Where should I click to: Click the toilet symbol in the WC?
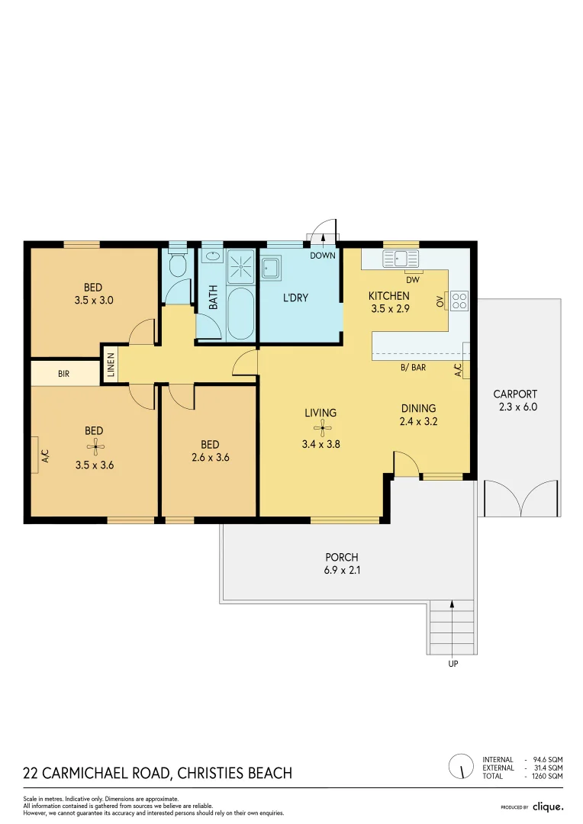point(177,265)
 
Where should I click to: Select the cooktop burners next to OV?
point(459,301)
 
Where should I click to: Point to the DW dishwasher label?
point(414,280)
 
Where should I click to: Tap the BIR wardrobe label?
point(64,375)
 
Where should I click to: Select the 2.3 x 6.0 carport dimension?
point(515,407)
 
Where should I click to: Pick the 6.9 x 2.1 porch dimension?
point(341,569)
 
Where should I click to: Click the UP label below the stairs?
point(453,665)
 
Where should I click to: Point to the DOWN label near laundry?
point(323,256)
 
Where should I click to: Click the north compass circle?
point(460,765)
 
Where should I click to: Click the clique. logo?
point(547,806)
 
